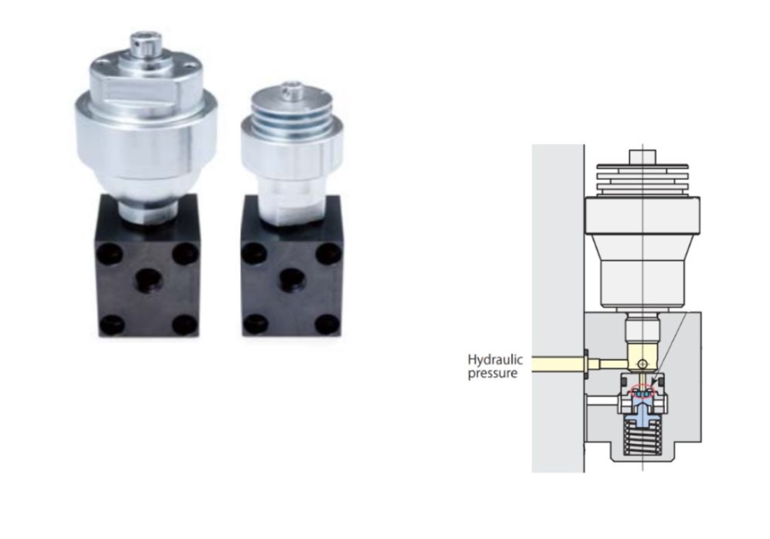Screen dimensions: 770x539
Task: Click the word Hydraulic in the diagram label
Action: click(x=495, y=360)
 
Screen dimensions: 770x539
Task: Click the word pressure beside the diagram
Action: click(x=493, y=373)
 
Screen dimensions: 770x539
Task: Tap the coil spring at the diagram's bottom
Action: click(x=643, y=439)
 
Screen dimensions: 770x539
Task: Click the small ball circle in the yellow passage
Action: click(x=643, y=364)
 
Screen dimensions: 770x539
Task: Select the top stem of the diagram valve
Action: click(x=643, y=156)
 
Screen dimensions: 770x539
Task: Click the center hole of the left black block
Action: click(x=148, y=280)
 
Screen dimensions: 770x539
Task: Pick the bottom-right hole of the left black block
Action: click(x=185, y=323)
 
